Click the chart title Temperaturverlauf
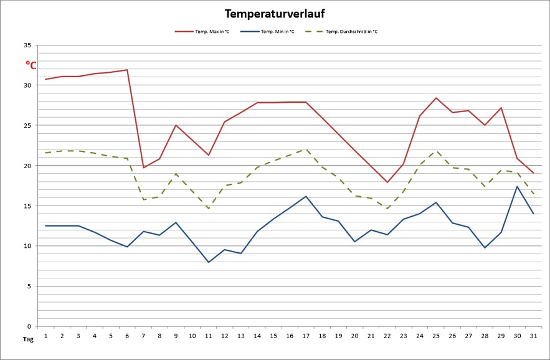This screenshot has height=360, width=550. [x=275, y=14]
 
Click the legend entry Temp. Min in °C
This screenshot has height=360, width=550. [x=278, y=31]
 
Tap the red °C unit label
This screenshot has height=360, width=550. [x=31, y=65]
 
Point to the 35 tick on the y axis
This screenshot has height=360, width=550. [x=27, y=45]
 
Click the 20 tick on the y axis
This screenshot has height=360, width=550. [x=27, y=166]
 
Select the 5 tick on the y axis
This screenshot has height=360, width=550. [x=29, y=286]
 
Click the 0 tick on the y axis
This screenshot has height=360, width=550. [x=29, y=326]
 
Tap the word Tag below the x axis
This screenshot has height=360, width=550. [x=28, y=339]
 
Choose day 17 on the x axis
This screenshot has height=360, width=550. [x=306, y=336]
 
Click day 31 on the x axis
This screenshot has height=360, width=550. [x=533, y=336]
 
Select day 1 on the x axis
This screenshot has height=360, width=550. [x=46, y=336]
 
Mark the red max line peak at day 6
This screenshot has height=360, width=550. [x=127, y=70]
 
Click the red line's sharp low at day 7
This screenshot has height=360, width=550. [x=143, y=168]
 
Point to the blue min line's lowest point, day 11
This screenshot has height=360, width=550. [x=209, y=262]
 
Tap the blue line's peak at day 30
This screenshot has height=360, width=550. [x=517, y=186]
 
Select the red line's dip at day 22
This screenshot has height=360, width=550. [x=387, y=182]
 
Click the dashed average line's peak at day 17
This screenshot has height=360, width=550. [x=306, y=149]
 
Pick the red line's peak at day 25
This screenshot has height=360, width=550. [x=436, y=98]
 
